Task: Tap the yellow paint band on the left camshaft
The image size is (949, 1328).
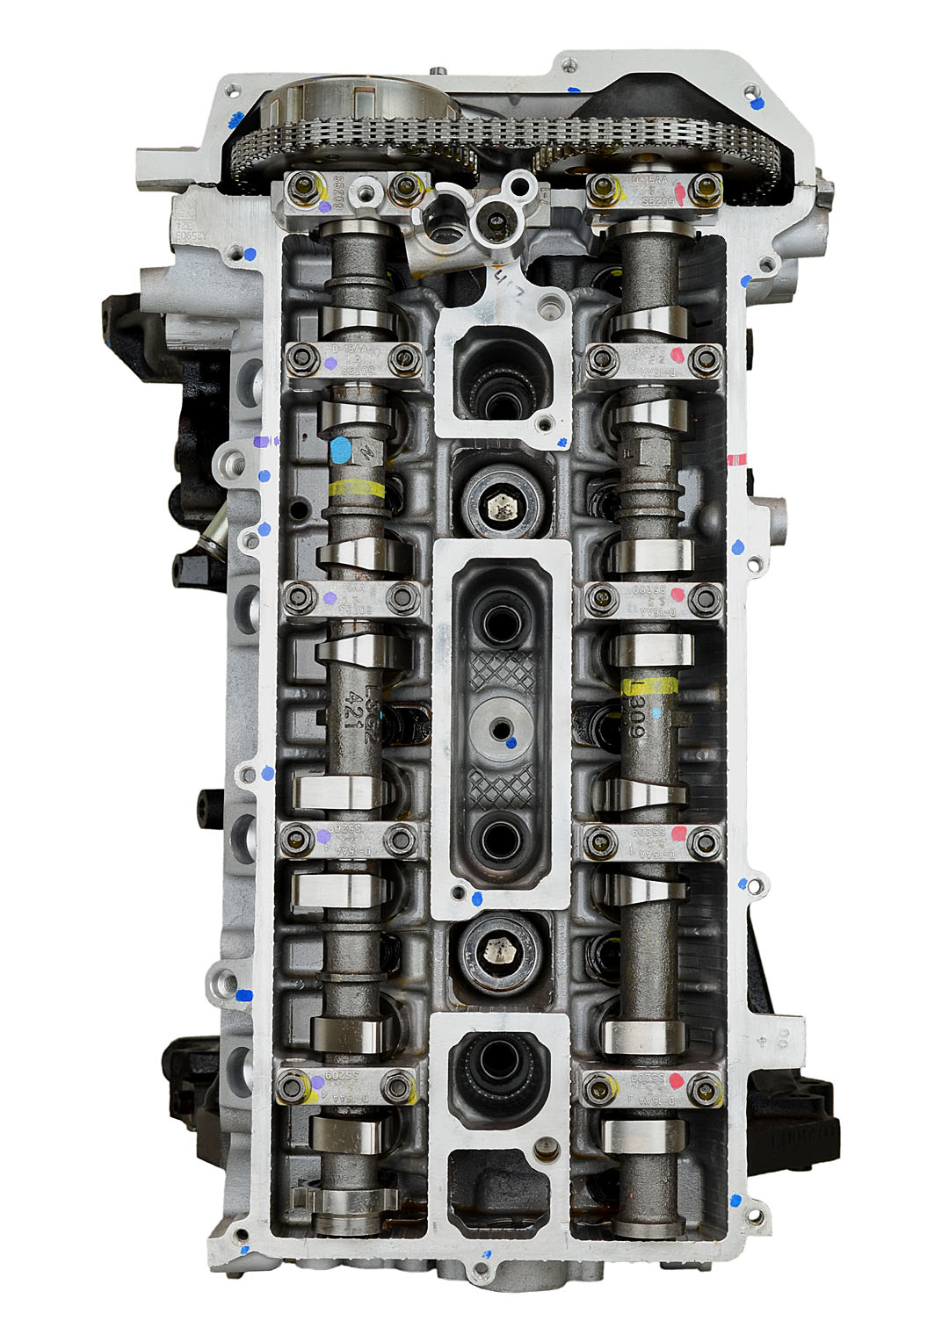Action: tap(355, 490)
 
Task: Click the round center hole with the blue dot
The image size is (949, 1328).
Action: tap(500, 727)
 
